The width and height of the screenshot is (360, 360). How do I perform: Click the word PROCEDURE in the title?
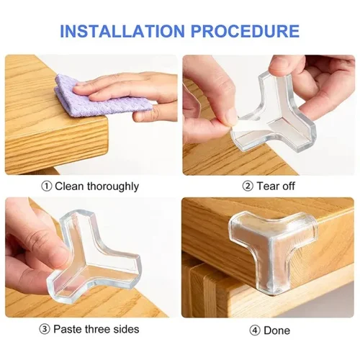pos(246,31)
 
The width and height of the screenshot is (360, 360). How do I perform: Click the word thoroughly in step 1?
pos(110,186)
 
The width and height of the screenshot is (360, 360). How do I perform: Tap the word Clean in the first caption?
pos(69,186)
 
